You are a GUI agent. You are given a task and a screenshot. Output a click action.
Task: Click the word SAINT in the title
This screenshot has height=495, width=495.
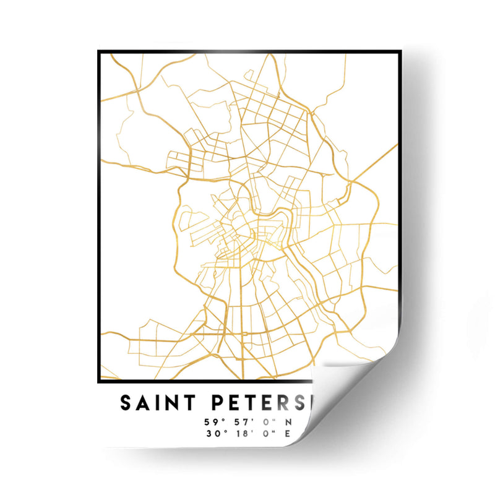157,403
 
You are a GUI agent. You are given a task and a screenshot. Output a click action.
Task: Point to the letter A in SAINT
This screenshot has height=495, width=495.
142,403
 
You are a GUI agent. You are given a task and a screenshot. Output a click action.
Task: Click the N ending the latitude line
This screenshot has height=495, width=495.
288,423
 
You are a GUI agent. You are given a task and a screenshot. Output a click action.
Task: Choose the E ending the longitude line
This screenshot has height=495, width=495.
287,433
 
